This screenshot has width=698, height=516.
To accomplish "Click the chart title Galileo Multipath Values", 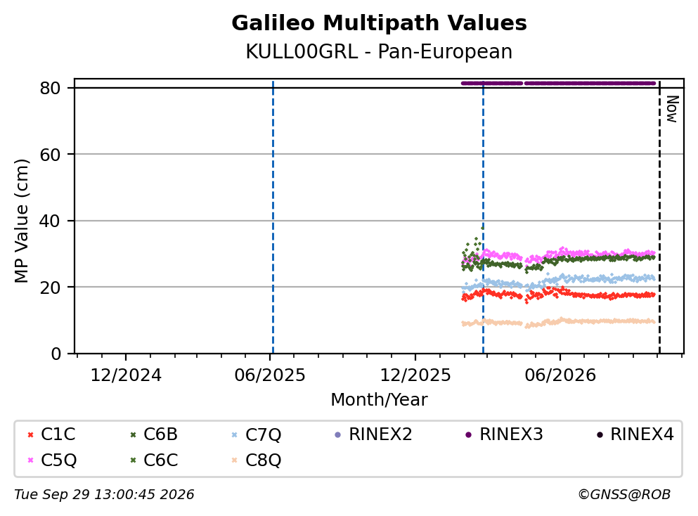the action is [379, 23].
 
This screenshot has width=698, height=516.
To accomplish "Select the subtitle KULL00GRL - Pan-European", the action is [379, 51].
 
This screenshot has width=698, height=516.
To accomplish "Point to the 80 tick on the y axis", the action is [50, 88].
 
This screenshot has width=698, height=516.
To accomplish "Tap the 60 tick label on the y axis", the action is [50, 155].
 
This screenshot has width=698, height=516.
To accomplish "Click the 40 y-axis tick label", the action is [50, 221].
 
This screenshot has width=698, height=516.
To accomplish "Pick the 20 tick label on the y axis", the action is [50, 287].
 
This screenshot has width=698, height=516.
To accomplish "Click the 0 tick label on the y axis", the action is [56, 354].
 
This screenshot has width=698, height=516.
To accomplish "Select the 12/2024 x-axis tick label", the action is [126, 375].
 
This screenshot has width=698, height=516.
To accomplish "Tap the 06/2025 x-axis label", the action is [270, 375].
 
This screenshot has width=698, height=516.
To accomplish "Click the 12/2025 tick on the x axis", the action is [415, 375].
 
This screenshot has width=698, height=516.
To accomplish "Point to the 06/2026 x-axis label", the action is [560, 375].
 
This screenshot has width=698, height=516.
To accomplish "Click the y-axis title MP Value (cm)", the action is [21, 221].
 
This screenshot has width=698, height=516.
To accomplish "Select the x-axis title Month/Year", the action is [379, 400].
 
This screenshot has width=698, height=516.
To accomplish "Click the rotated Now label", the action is [672, 109].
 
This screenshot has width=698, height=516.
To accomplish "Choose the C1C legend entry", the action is [51, 434].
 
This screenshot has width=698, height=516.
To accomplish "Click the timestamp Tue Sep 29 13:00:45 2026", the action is [104, 495].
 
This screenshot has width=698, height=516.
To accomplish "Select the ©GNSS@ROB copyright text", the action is [624, 495].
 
